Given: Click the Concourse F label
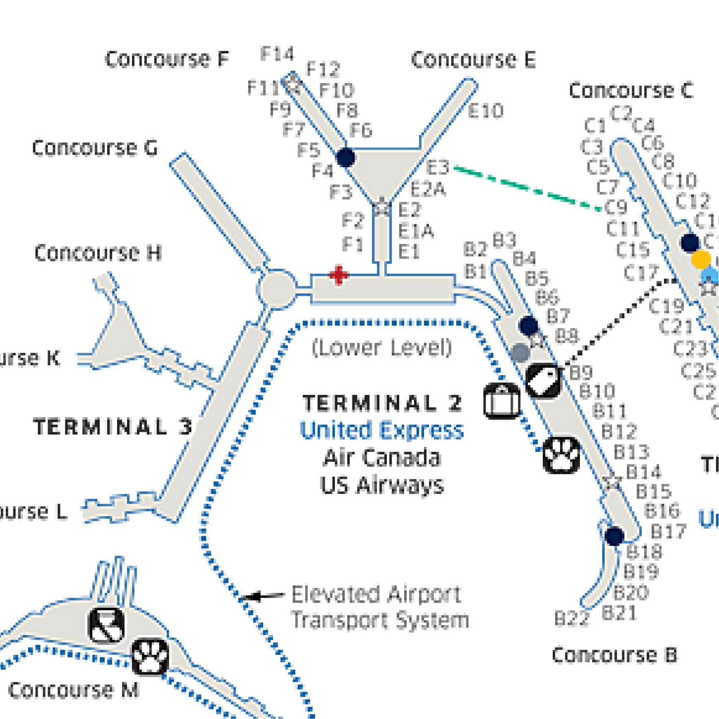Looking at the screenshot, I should point(167,59).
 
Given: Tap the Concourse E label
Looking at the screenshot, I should point(473,60).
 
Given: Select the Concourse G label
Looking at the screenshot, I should point(95,148).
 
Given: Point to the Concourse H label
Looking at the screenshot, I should point(98,253).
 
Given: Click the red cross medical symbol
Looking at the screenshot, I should point(338,275).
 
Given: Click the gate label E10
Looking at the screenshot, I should point(486,111).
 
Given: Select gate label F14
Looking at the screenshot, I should point(277,54).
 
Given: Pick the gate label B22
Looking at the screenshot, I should point(571,619).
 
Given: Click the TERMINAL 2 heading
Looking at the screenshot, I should point(382,403).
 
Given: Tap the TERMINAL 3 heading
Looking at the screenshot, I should point(113,427).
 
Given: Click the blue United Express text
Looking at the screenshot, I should point(381,431).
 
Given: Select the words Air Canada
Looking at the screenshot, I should point(382,458).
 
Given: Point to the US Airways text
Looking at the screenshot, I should point(382,485).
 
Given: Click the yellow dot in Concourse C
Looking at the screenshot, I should point(701,259).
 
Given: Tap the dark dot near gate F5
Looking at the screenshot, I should point(345,158).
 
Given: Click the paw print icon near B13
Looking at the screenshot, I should point(561,455).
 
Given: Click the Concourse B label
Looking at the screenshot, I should point(614,655).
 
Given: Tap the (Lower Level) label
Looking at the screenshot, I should point(381,348).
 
